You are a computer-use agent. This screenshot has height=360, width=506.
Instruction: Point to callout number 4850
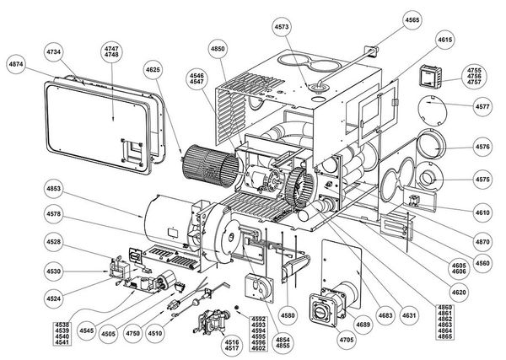[218, 50]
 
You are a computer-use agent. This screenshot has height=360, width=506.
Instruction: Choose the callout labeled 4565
[412, 19]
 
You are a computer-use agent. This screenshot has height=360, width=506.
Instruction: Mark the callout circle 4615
[446, 40]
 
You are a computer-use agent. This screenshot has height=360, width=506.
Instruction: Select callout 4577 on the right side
[482, 107]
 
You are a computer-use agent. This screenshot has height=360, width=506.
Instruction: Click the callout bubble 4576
[482, 146]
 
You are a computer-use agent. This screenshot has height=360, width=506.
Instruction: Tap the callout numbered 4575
[482, 179]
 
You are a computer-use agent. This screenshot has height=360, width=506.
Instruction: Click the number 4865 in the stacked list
[445, 336]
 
